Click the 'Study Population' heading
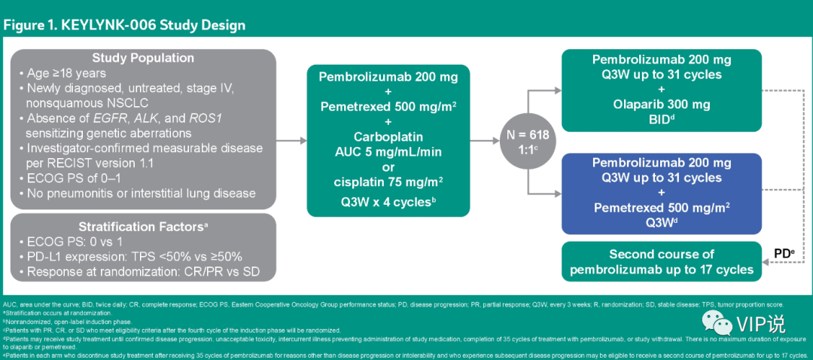coord(143,58)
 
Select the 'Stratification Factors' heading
coord(143,225)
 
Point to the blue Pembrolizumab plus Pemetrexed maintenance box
coord(662,193)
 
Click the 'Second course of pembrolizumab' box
coord(662,261)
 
